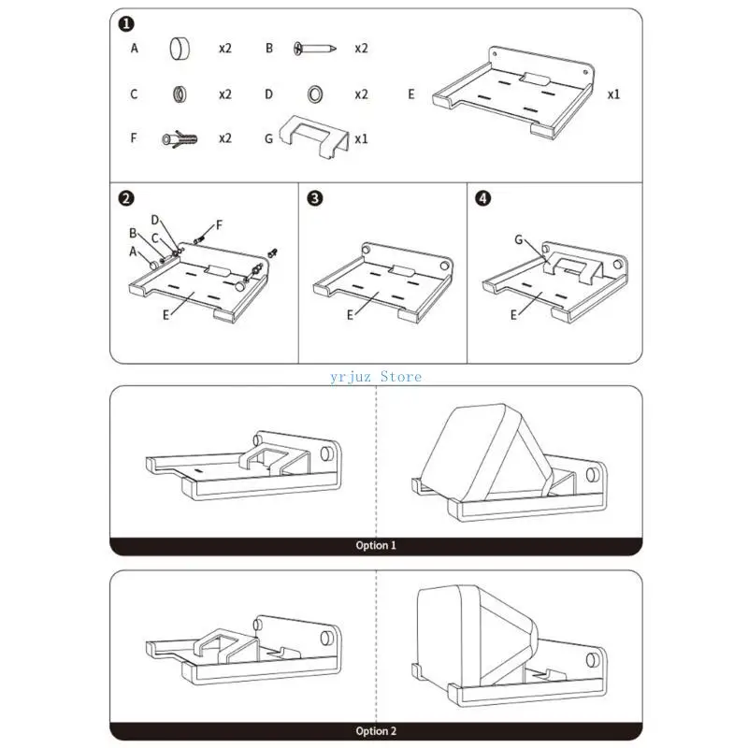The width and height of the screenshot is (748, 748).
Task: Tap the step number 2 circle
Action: (x=126, y=198)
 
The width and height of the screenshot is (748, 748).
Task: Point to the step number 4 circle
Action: (x=482, y=198)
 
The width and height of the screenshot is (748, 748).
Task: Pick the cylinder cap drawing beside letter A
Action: (x=180, y=47)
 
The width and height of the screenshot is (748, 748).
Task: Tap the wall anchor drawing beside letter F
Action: (x=180, y=138)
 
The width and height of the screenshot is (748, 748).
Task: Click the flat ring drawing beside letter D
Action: (x=314, y=93)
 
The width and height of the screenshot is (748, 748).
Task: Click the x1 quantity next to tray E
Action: (x=614, y=93)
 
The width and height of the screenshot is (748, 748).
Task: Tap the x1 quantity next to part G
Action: (x=361, y=138)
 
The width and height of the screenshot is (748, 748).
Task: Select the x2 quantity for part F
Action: (x=225, y=138)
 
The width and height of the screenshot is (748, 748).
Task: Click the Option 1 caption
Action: (x=376, y=545)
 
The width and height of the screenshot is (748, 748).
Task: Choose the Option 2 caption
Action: (x=376, y=731)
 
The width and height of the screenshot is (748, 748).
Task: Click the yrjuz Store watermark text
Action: (x=376, y=377)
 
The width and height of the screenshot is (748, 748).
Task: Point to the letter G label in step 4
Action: (x=518, y=240)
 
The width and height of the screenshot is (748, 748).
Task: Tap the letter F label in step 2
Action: (x=220, y=225)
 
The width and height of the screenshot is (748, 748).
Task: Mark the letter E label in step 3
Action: (x=351, y=315)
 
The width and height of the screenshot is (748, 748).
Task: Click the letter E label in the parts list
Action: (x=411, y=93)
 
